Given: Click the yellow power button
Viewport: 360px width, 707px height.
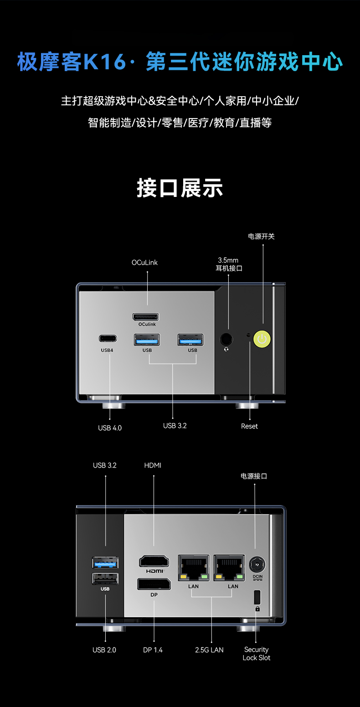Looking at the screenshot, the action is (x=262, y=339).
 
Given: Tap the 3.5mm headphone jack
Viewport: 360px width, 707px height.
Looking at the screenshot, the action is (x=226, y=339).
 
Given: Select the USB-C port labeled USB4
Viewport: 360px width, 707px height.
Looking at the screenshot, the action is (x=108, y=338).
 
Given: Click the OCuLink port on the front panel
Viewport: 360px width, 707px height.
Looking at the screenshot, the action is (x=146, y=316).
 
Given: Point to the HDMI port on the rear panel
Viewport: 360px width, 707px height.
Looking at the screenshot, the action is (x=154, y=561).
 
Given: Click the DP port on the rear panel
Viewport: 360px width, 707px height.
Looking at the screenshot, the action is (x=154, y=584).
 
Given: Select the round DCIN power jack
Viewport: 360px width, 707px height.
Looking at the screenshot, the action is (x=257, y=564).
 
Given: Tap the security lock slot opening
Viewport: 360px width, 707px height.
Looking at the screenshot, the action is (x=257, y=597).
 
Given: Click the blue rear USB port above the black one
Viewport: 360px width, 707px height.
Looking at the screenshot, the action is (x=105, y=563).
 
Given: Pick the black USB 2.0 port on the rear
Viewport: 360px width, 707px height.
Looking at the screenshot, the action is (x=105, y=578).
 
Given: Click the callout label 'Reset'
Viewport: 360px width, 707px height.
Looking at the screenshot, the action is (x=249, y=426).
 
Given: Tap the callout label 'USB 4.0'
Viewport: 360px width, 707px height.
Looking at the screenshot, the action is (x=110, y=428).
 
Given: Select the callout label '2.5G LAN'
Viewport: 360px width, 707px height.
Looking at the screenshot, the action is (x=209, y=650).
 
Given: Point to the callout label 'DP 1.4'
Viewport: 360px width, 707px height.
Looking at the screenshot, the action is (x=153, y=650).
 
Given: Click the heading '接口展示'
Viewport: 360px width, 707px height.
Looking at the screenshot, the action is (x=180, y=188).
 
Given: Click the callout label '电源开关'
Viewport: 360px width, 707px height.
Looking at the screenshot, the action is (x=261, y=237).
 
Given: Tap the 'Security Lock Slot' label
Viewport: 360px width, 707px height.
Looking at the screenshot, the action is (x=257, y=654).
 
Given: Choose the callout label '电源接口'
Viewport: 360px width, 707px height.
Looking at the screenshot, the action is (x=254, y=476).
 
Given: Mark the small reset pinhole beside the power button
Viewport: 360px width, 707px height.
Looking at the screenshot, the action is (x=248, y=335).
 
